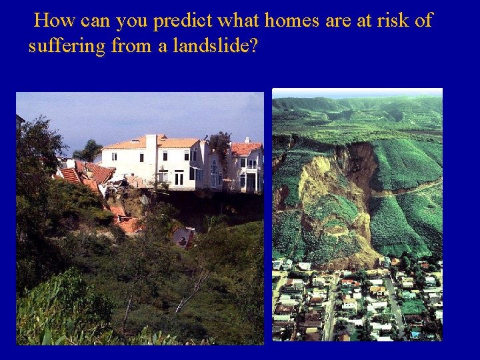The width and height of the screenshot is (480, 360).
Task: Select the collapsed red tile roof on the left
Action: (x=90, y=175)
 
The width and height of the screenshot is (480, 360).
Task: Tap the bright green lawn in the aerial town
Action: (x=413, y=307)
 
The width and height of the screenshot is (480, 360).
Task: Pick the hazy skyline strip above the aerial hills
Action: (x=357, y=93)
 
